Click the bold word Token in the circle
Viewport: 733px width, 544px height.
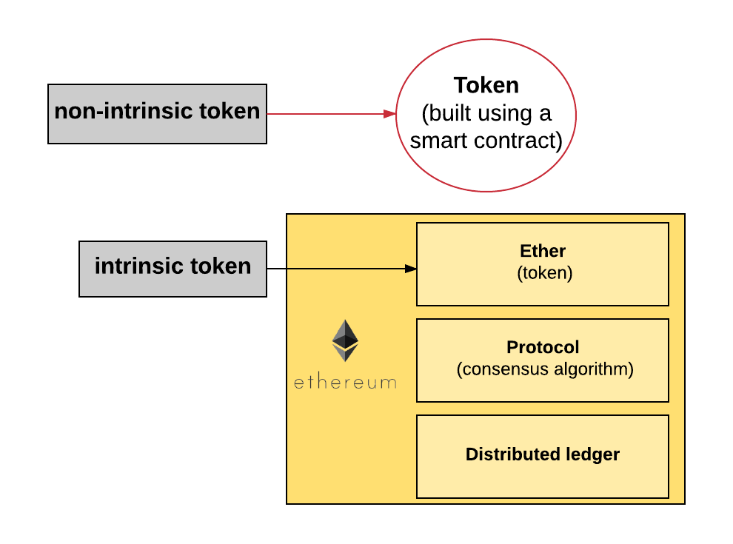coord(486,86)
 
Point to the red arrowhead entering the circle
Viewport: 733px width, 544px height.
coord(390,114)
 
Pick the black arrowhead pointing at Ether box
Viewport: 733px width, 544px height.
coord(411,269)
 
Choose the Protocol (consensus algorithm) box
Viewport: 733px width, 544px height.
coord(543,389)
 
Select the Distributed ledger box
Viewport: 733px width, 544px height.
coord(543,477)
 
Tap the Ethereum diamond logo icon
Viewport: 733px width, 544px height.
coord(345,340)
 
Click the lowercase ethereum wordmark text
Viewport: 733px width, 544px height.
coord(345,383)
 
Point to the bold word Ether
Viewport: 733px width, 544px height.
coord(543,252)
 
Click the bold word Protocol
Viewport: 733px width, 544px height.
coord(543,347)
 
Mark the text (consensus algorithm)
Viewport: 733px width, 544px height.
coord(545,369)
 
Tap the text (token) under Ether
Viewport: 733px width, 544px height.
coord(544,272)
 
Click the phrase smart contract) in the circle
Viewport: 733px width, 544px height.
coord(486,141)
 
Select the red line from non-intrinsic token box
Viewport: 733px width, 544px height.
coord(326,114)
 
